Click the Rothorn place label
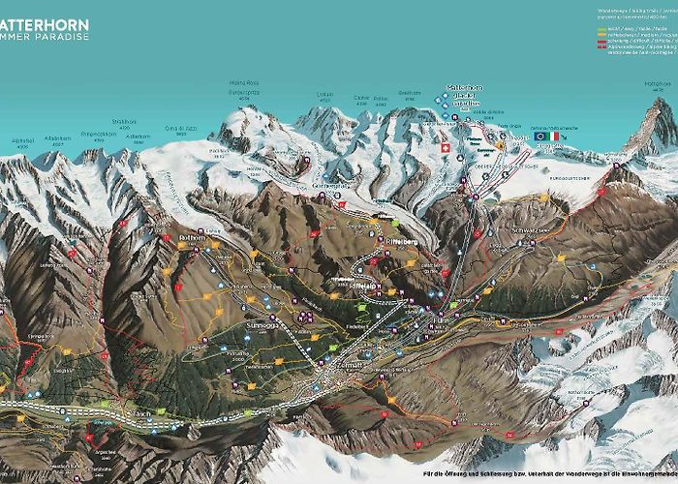point(190,236)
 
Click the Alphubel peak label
point(23,138)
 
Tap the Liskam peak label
point(324,94)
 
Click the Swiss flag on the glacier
point(445,150)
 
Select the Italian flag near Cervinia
point(555,136)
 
